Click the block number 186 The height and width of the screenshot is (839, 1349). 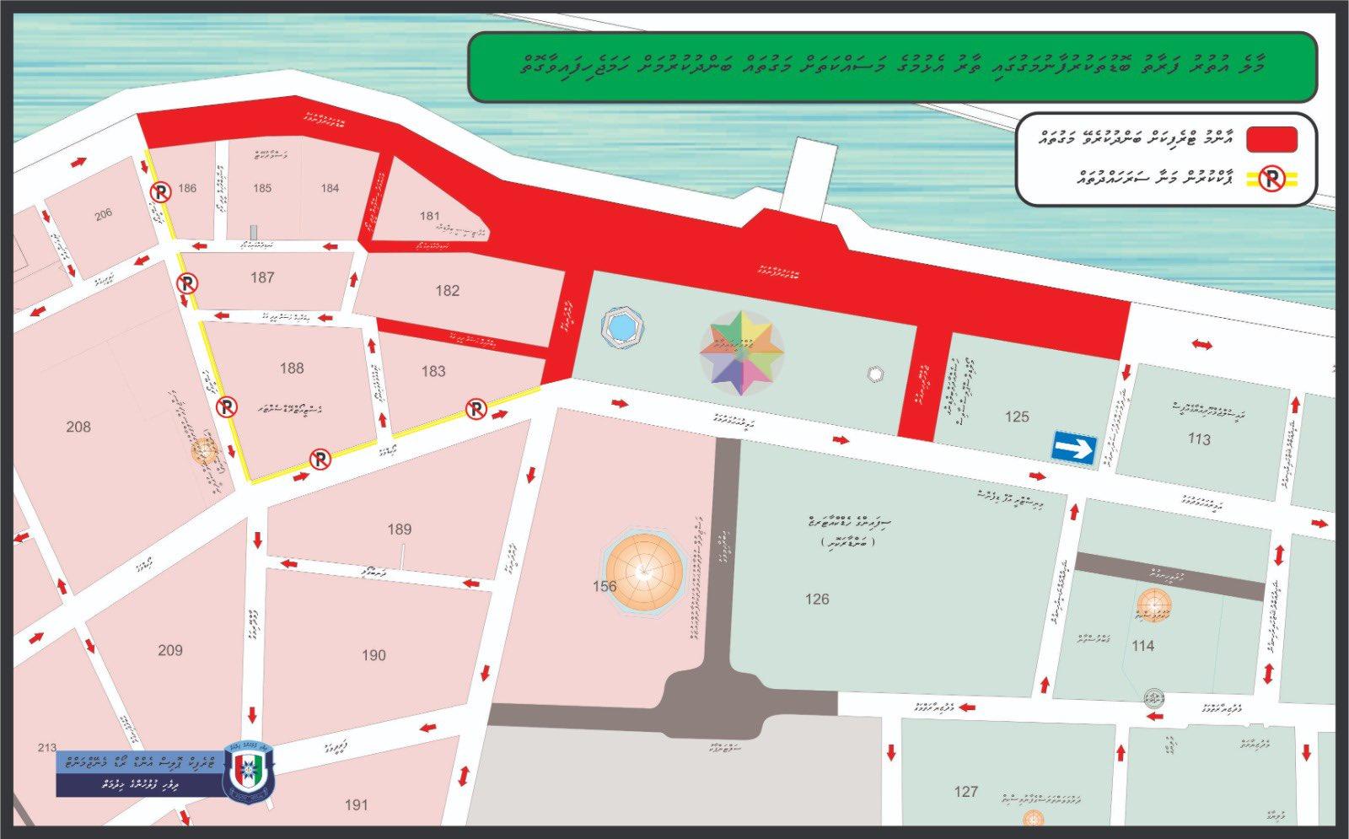coord(187,188)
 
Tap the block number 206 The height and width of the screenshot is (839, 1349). coord(103,215)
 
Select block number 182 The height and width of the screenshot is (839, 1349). coord(447,291)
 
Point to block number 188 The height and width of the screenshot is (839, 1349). coord(292,368)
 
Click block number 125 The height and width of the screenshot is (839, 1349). coord(1017,417)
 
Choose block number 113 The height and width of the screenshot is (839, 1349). coord(1198,439)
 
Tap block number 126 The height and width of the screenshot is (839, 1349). coord(817,600)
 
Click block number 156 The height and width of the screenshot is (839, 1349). coord(604,586)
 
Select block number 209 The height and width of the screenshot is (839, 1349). coord(170,650)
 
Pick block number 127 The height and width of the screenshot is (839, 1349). coord(965,792)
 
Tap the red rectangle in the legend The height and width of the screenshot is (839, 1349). coord(1271,139)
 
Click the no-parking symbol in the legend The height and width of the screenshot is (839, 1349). coord(1271,179)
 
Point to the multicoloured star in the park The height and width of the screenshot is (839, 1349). coord(742,352)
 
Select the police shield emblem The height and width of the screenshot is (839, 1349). coord(250,772)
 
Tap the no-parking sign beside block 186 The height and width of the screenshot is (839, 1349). coord(160,193)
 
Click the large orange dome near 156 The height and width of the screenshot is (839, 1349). coord(645,571)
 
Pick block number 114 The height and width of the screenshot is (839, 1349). coord(1142,646)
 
